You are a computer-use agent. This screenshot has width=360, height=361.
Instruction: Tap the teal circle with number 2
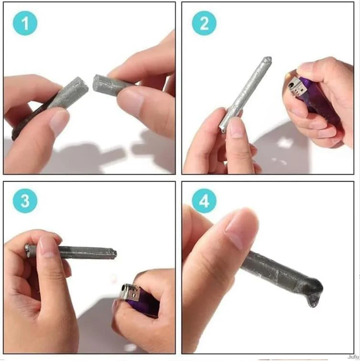(204, 23)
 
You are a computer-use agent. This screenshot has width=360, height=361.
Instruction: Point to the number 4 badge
(204, 201)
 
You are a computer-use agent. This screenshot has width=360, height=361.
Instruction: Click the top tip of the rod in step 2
(267, 61)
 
